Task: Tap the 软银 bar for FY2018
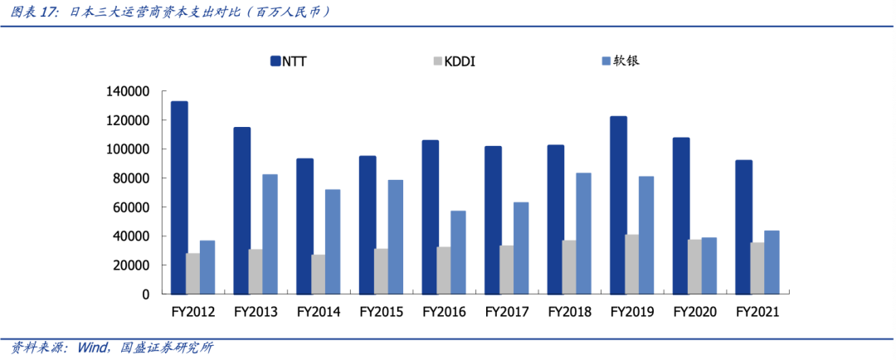(x=583, y=233)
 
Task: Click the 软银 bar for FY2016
(x=458, y=252)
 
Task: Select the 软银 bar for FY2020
(x=709, y=265)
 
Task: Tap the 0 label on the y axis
(x=145, y=294)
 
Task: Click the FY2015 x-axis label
(x=381, y=313)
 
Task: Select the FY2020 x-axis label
(x=694, y=313)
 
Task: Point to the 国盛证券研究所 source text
(x=167, y=348)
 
